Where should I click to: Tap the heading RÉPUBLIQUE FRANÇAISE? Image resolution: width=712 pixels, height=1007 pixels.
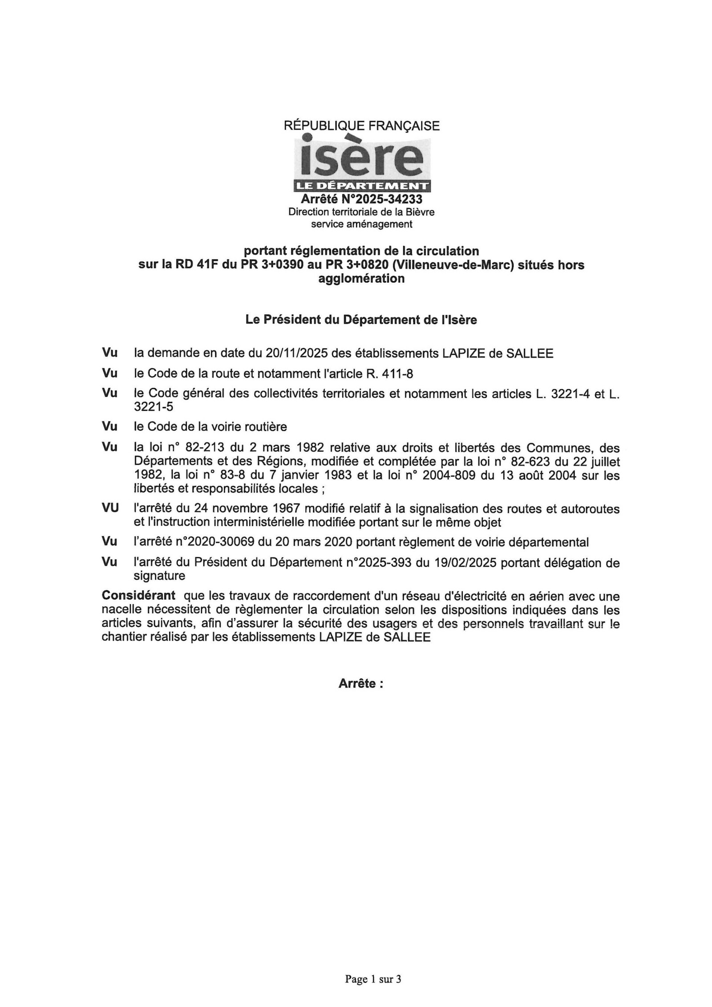(x=361, y=126)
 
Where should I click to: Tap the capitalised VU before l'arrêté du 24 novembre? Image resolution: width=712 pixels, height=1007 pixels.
(x=110, y=508)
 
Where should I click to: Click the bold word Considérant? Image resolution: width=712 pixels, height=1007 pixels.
(x=138, y=596)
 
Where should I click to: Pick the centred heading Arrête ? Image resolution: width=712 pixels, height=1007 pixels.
(x=361, y=684)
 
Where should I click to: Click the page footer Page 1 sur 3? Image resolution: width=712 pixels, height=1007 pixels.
(x=373, y=979)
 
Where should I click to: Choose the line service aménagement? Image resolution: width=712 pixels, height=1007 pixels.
(x=361, y=224)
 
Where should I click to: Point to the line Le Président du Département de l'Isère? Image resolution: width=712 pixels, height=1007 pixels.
(x=361, y=320)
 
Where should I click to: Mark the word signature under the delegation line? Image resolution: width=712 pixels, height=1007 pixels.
(x=159, y=576)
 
